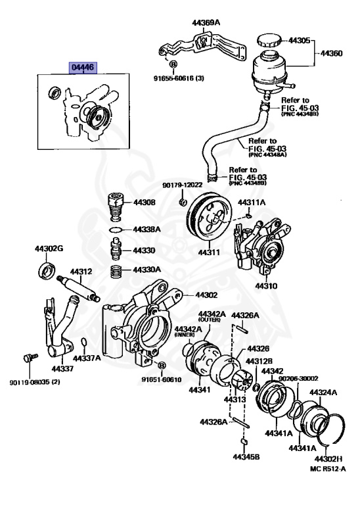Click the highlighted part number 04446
click(82, 67)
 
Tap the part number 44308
click(144, 203)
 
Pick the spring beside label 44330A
click(116, 270)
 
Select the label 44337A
click(87, 358)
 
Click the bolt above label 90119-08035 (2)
click(27, 359)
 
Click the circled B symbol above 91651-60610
click(162, 365)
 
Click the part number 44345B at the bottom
click(246, 456)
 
